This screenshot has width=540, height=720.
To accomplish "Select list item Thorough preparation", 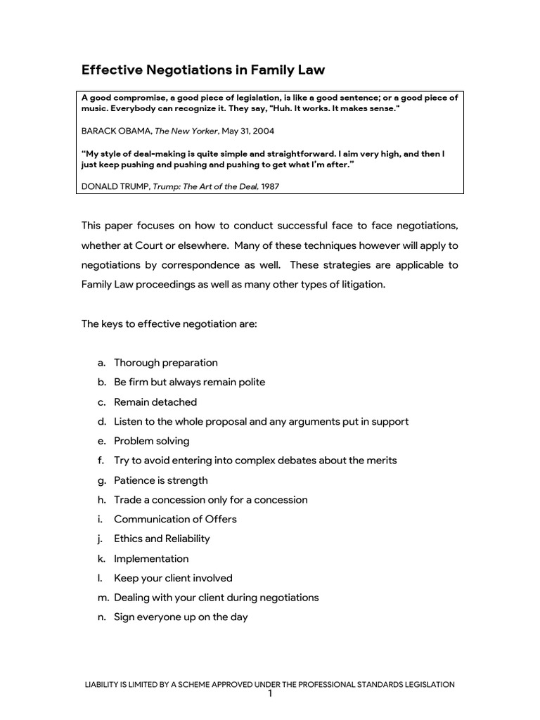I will click(x=166, y=363).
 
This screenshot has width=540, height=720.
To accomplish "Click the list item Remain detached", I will click(x=155, y=402).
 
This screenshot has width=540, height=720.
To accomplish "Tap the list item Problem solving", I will click(x=151, y=441).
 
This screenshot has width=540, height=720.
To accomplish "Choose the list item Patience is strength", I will click(x=160, y=480).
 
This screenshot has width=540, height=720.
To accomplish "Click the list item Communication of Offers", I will click(x=175, y=519).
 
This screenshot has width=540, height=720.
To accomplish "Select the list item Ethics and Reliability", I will click(x=162, y=539).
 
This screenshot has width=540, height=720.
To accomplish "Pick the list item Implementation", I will click(x=151, y=558).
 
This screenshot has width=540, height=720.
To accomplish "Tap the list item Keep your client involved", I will click(x=173, y=578).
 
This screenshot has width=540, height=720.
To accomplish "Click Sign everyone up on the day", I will click(x=181, y=617).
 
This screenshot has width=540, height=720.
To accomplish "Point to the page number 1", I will click(x=269, y=694).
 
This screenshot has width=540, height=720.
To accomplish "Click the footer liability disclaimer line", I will click(x=269, y=684).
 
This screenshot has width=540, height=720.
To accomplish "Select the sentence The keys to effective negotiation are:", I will click(x=169, y=324).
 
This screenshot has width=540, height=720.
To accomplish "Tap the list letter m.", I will click(x=102, y=598).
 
